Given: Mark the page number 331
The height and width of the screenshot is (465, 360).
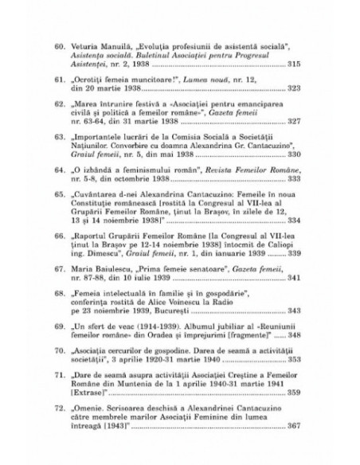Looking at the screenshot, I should click(293, 203).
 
